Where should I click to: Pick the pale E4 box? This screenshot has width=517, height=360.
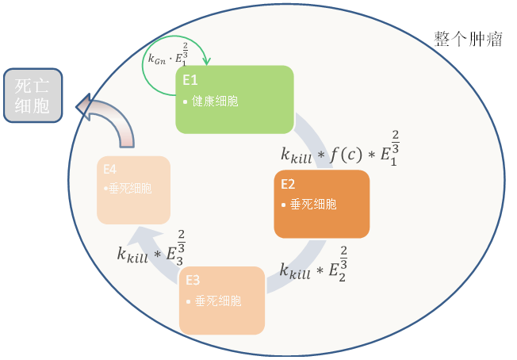pyautogui.click(x=133, y=190)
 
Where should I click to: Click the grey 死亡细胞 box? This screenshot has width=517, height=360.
pyautogui.click(x=33, y=96)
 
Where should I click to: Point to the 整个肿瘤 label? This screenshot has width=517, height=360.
pyautogui.click(x=468, y=39)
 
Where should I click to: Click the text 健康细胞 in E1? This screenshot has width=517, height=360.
pyautogui.click(x=215, y=101)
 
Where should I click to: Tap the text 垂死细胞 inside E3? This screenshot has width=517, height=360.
pyautogui.click(x=217, y=301)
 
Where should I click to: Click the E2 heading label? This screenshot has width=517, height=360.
pyautogui.click(x=288, y=183)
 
